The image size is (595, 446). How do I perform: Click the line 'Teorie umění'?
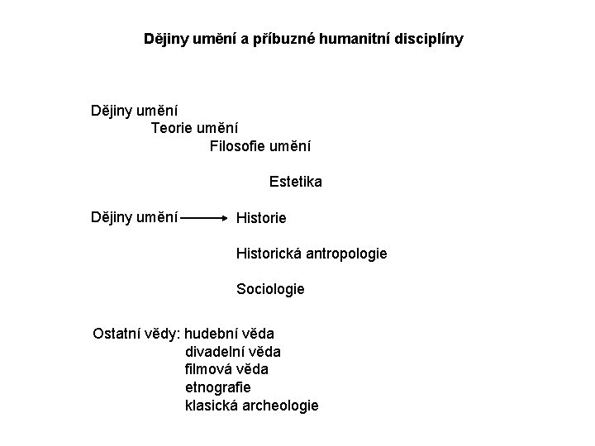[x=195, y=128]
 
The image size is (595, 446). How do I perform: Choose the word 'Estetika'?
[x=296, y=181]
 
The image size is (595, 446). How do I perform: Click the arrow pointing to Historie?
[x=206, y=219]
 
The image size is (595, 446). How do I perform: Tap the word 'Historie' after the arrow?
[x=261, y=219]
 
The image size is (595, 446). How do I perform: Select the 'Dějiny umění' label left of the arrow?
[x=135, y=217]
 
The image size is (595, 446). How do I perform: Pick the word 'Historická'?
[x=271, y=254]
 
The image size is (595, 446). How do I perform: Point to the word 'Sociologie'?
[x=270, y=289]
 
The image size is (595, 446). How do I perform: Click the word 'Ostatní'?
[x=116, y=334]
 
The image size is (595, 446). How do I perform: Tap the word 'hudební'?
[x=212, y=334]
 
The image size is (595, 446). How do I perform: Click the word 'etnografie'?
[x=218, y=387]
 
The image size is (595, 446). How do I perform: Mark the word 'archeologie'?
[x=280, y=406]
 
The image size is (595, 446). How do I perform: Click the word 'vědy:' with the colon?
[x=161, y=334]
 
